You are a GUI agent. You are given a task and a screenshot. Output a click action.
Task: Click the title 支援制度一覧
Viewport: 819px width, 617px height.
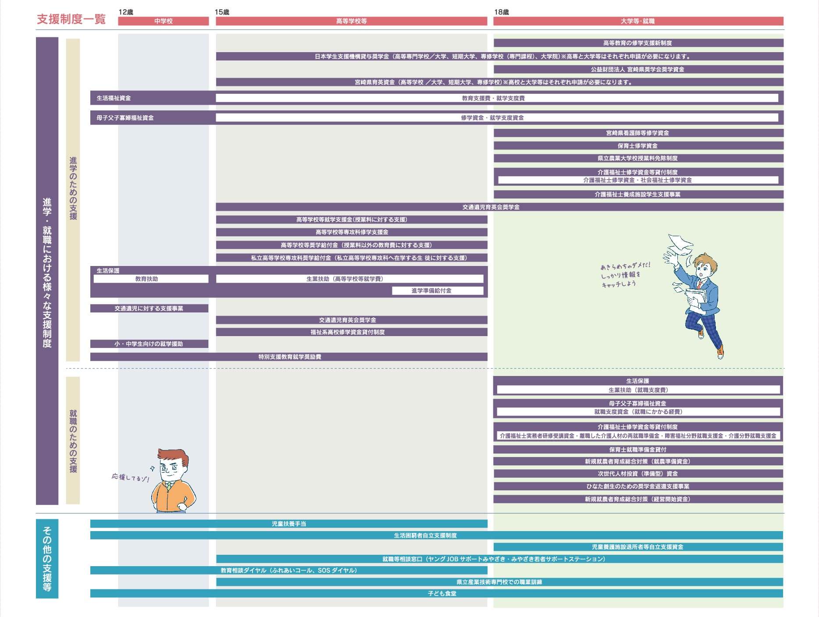click(x=71, y=20)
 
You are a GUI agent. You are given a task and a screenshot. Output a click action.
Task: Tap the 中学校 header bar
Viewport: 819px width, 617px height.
click(x=163, y=21)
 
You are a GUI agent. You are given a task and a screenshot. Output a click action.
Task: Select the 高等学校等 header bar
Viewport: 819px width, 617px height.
click(x=351, y=21)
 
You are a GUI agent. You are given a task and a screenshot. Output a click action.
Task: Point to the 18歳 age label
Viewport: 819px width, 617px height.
click(x=501, y=12)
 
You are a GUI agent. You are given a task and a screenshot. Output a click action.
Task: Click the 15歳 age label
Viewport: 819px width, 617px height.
click(x=222, y=12)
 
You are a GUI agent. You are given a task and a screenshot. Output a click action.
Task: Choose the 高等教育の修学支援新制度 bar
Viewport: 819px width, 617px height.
click(x=638, y=43)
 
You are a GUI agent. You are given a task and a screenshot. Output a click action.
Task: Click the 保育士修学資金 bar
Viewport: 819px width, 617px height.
click(x=638, y=146)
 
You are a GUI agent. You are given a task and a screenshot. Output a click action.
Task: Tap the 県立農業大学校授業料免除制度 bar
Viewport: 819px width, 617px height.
click(x=638, y=158)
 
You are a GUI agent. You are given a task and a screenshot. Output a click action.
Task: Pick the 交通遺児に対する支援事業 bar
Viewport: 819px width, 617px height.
click(x=149, y=308)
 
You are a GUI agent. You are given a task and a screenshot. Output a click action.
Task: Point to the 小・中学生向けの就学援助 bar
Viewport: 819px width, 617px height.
click(x=149, y=344)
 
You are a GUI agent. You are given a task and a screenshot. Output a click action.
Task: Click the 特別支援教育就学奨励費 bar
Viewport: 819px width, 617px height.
click(x=289, y=357)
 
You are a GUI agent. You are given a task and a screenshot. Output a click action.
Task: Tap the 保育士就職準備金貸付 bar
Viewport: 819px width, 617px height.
click(x=638, y=450)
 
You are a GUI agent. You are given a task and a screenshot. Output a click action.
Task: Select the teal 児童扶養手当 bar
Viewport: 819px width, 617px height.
click(x=289, y=524)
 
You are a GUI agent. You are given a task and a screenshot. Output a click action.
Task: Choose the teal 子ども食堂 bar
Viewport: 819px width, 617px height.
click(x=436, y=593)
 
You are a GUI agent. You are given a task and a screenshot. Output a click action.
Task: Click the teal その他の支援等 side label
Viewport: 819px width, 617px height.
click(x=47, y=559)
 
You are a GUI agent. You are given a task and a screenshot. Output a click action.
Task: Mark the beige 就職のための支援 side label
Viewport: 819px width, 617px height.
click(x=73, y=440)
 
